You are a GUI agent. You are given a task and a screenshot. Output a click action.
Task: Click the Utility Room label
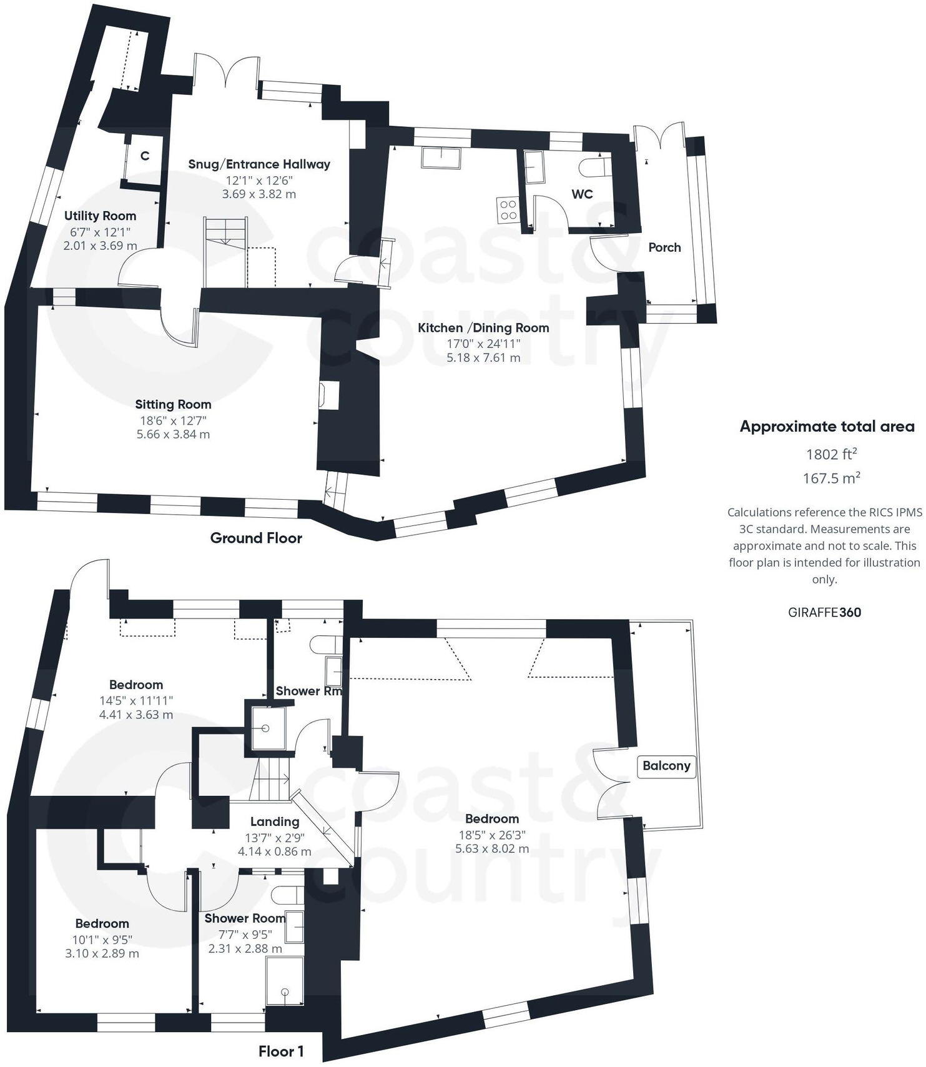click(101, 216)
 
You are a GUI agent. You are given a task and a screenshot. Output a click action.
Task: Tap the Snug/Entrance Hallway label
click(259, 164)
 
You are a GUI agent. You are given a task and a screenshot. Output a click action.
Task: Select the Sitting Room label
click(173, 405)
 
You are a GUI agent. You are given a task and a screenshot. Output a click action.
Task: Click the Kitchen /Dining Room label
click(483, 328)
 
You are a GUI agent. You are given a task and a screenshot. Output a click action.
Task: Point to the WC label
click(582, 194)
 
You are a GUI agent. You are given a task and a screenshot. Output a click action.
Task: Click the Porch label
click(664, 247)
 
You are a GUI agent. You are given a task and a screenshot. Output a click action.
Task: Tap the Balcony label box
click(666, 766)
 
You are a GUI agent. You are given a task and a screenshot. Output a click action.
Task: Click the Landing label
click(275, 822)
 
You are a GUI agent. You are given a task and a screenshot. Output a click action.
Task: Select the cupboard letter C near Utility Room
click(145, 156)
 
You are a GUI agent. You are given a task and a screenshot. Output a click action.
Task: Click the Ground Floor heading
click(256, 538)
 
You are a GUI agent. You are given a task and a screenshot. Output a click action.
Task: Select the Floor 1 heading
click(281, 1051)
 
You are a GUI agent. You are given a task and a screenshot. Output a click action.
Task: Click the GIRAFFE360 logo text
click(824, 612)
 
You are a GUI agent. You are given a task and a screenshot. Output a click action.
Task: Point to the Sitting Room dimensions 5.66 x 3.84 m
click(173, 434)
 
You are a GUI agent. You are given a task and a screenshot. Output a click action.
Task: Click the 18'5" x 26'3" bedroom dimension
click(492, 834)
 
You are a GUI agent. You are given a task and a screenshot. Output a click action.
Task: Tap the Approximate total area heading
click(827, 427)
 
